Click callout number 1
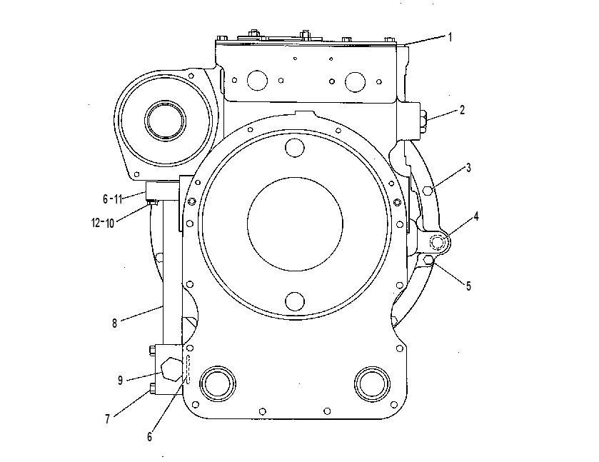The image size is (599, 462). (x=450, y=37)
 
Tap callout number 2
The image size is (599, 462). (x=462, y=110)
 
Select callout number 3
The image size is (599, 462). (x=468, y=168)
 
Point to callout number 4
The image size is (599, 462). (x=476, y=216)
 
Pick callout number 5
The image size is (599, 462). (x=468, y=286)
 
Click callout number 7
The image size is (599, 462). (x=108, y=419)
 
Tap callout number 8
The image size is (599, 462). (x=114, y=323)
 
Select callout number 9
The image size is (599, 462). (x=121, y=380)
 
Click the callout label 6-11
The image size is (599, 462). (x=112, y=199)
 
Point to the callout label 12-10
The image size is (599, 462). (x=103, y=223)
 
